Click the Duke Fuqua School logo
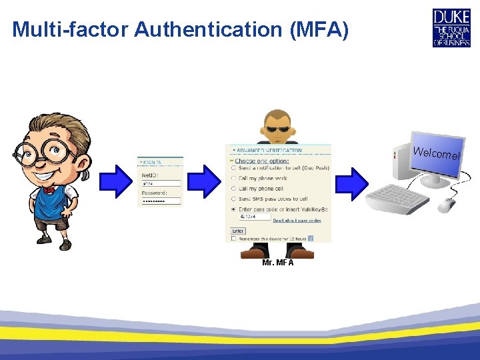point(451,27)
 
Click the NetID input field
point(161,183)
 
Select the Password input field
point(161,200)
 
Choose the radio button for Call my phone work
point(233,178)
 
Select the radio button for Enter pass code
point(233,209)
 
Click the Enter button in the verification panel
point(238,230)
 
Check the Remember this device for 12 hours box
point(233,238)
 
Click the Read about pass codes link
point(297,221)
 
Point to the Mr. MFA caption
point(278,262)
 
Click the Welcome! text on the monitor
point(437,153)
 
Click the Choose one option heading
point(261,161)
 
